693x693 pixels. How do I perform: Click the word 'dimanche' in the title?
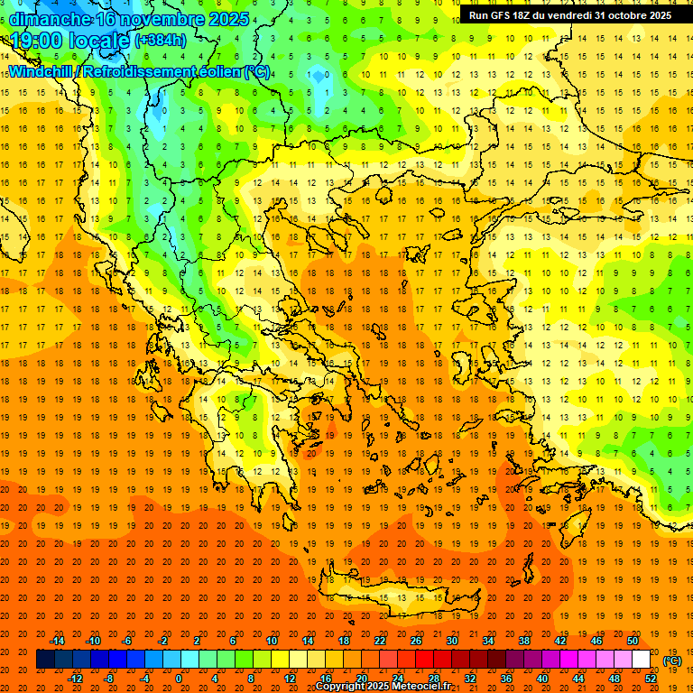51,19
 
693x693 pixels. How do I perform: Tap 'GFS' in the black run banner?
505,15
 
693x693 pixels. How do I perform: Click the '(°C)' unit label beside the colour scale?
672,661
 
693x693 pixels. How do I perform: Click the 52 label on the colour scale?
651,679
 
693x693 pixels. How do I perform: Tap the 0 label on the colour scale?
179,679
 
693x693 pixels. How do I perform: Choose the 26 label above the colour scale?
415,641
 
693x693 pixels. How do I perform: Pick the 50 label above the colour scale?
632,641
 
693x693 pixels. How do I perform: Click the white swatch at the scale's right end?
642,660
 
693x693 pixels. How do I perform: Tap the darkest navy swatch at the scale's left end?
45,660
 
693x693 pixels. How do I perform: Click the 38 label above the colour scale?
523,641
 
